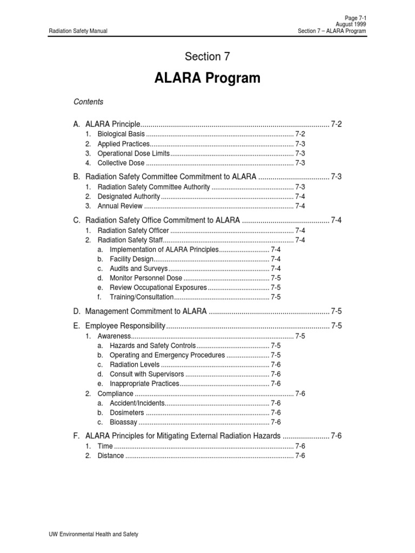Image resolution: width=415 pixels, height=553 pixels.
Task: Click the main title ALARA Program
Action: point(207,78)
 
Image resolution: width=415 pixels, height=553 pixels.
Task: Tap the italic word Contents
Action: point(88,102)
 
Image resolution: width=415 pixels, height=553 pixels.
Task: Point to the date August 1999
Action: point(351,24)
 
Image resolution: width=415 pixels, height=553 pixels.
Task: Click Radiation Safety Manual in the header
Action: point(78,31)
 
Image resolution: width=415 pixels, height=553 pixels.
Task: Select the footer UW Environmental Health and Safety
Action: point(93,534)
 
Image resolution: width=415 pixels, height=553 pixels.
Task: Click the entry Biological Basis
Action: point(121,134)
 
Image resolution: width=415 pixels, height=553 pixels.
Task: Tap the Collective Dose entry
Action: point(121,163)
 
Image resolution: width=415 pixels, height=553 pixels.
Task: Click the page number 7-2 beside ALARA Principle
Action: point(336,124)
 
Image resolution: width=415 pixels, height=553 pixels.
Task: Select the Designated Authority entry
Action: point(129,197)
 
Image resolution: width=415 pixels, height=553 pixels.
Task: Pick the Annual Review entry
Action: point(120,206)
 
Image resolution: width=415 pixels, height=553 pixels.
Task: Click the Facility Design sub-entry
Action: point(132,259)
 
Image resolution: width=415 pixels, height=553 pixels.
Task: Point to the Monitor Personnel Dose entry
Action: point(146,278)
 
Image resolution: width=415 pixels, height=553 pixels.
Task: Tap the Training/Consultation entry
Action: point(142,297)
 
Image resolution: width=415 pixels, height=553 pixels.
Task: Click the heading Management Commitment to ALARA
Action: point(146,312)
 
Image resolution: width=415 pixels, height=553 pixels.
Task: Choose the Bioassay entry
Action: point(123,422)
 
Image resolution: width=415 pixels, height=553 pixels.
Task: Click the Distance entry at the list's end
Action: point(111,456)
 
